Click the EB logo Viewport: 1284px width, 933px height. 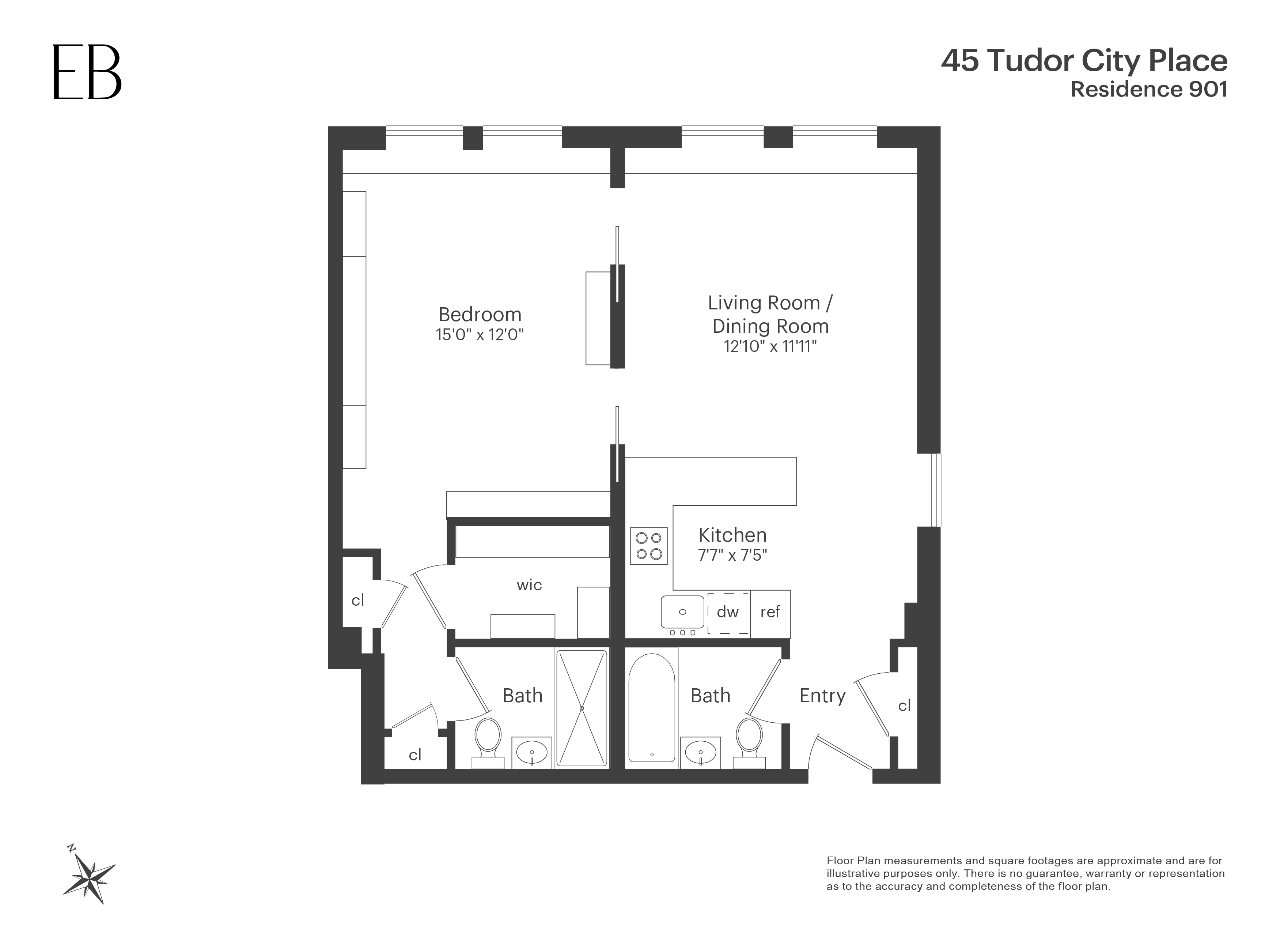87,72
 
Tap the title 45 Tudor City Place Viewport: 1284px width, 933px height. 1084,61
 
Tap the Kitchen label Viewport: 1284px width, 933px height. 732,535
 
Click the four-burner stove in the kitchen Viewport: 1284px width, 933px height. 649,546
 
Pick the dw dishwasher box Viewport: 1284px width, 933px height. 728,612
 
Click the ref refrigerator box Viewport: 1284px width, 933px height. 770,612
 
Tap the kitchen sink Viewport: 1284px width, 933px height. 682,612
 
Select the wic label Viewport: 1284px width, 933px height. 529,585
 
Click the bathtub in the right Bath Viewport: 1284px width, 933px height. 652,708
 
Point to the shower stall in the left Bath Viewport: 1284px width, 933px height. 582,708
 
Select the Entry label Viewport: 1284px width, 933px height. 822,696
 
